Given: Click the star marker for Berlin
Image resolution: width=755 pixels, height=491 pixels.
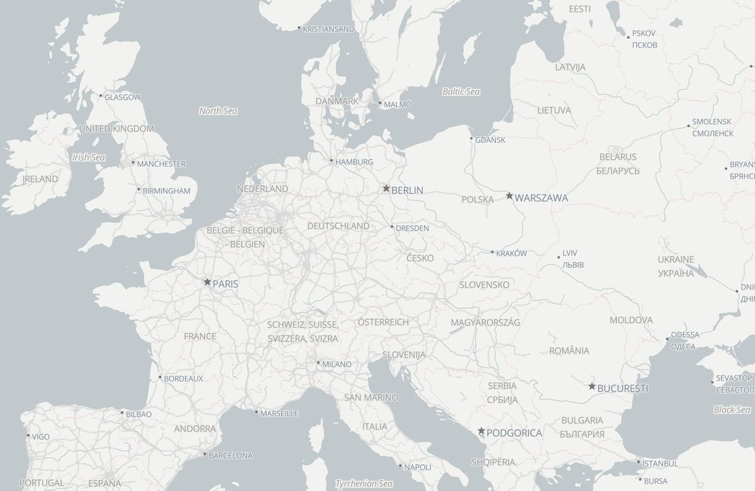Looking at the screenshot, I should (x=386, y=188).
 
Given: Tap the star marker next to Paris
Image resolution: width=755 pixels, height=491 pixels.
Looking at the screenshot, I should (x=207, y=283).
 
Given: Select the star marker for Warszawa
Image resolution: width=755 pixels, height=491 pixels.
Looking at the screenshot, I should (x=510, y=196).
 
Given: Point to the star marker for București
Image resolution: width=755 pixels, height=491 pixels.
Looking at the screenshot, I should (x=592, y=387).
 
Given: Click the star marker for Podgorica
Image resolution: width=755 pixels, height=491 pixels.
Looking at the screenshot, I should (x=481, y=431).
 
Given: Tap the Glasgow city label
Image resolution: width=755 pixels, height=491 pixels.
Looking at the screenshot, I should (x=123, y=98).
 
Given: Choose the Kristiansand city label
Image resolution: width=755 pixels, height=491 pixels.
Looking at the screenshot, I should (x=328, y=29).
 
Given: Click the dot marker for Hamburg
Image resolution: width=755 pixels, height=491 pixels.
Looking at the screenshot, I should (x=332, y=161).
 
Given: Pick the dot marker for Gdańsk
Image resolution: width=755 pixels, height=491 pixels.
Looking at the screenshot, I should (x=471, y=138).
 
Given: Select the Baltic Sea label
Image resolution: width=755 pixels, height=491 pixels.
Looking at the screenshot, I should (x=461, y=92).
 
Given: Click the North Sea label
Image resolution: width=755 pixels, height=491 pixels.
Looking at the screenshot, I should (x=218, y=111).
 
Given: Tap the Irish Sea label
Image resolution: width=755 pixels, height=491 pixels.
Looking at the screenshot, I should (x=88, y=157).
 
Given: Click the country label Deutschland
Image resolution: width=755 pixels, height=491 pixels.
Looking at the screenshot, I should (x=338, y=226).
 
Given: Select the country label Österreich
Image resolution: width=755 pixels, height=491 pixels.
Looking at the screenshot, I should (x=383, y=322).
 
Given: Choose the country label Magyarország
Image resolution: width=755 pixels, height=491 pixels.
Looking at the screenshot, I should (x=485, y=322).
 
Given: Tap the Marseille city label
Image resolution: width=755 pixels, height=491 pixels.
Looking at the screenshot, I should (x=279, y=414).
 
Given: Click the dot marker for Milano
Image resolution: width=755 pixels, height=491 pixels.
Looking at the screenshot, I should (x=318, y=363).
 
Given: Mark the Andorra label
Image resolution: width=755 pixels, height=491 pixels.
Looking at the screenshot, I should (x=195, y=429).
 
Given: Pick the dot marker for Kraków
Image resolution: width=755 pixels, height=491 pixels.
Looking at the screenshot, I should (x=493, y=252).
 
